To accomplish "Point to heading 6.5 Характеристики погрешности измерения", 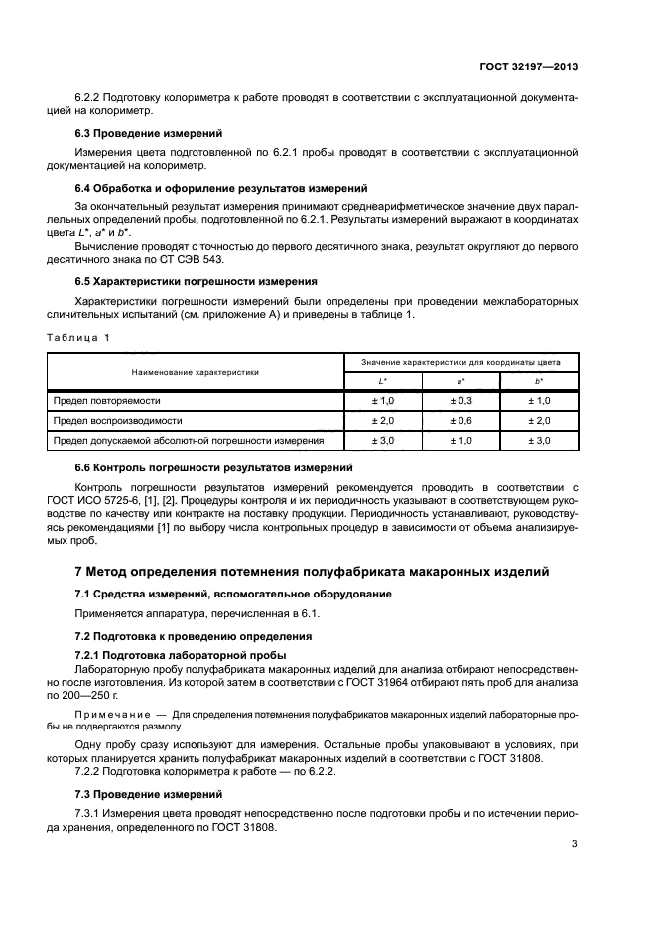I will click(x=197, y=282).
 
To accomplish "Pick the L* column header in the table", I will click(x=383, y=381).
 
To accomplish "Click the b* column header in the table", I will click(x=539, y=381).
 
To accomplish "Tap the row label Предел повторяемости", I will click(x=103, y=400).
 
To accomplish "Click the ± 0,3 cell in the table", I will click(x=460, y=400).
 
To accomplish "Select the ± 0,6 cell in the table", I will click(x=460, y=420).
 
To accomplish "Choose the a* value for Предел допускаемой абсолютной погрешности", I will click(x=460, y=440).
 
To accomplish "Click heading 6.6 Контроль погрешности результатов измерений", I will click(x=214, y=467).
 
